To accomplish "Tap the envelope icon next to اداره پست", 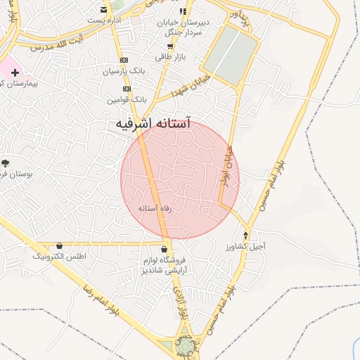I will [104, 10].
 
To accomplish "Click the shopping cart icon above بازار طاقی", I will [170, 46].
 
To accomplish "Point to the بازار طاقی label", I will [169, 56].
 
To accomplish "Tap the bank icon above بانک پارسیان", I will [125, 60].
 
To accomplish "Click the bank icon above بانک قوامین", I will [127, 89].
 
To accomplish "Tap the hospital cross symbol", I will [14, 72].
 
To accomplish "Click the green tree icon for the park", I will [5, 162].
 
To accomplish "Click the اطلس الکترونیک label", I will [60, 257].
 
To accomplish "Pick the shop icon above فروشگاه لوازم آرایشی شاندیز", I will [165, 249].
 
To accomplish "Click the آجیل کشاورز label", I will [245, 247].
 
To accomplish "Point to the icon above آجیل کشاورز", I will [245, 236].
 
